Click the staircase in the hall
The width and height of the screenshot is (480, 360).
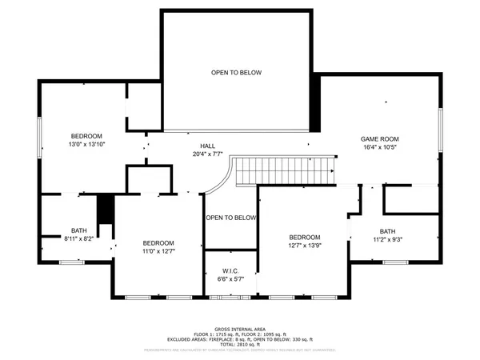coord(280,169)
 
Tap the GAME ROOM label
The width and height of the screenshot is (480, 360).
coord(380,138)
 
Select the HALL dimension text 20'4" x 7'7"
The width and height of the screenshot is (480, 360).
coord(207,154)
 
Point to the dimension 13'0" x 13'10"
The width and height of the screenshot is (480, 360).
coord(87,144)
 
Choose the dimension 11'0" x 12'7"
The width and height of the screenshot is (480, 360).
coord(158,251)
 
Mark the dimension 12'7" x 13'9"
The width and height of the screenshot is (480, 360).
coord(304,246)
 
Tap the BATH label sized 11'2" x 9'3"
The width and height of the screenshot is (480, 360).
coord(387,230)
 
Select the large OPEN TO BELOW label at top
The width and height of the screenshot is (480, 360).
coord(236,73)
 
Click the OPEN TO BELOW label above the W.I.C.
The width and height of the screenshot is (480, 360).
coord(230,218)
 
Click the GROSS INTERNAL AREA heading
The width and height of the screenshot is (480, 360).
coord(239,329)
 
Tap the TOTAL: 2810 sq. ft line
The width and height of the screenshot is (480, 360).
coord(239,345)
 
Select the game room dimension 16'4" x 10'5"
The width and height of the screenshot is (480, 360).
coord(380,147)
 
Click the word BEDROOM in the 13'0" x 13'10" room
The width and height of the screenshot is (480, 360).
coord(86,135)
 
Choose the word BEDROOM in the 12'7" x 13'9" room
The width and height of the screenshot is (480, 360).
coord(304,237)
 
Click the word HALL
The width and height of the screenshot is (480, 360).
coord(207,145)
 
